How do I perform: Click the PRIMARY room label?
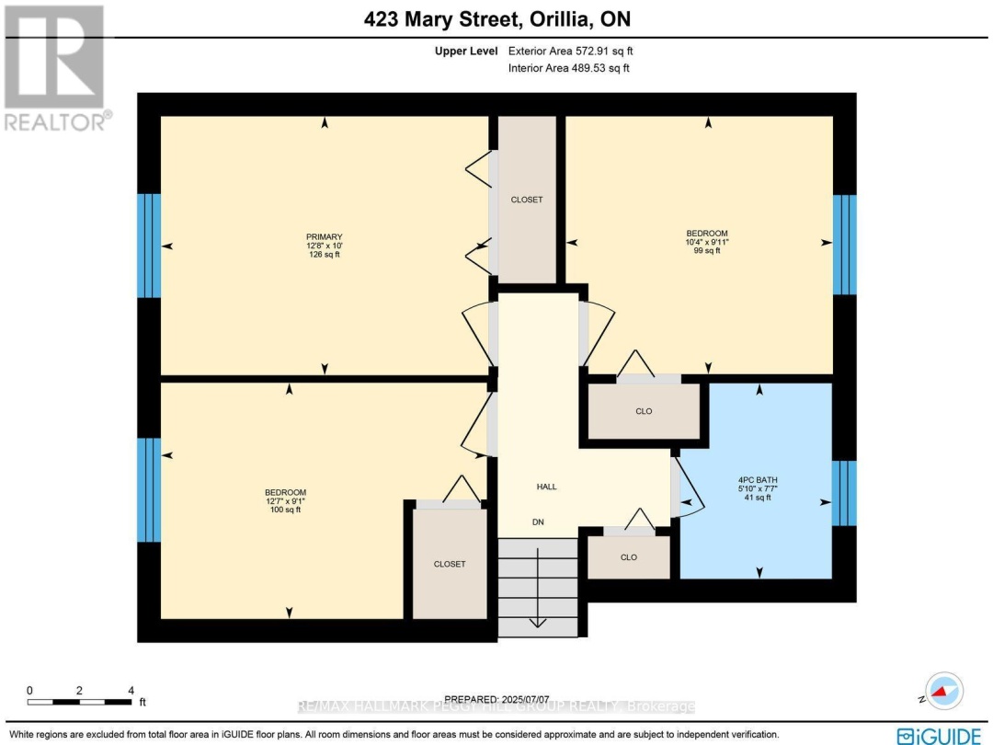coord(324,236)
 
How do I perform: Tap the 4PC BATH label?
coord(759,479)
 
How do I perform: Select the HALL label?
coord(547,487)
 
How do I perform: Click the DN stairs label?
coord(539,521)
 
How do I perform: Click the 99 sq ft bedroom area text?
coord(706,251)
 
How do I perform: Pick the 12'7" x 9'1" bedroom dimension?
coord(285,501)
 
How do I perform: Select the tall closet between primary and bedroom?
coord(527,200)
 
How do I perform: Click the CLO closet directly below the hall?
coord(629,557)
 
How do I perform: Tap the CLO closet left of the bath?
coord(644,411)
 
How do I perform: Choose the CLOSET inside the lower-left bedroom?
coord(450,564)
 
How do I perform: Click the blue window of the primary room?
coord(149,246)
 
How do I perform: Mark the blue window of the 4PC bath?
coord(844,493)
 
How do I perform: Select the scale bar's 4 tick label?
coord(131,690)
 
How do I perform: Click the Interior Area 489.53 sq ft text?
coord(568,68)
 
